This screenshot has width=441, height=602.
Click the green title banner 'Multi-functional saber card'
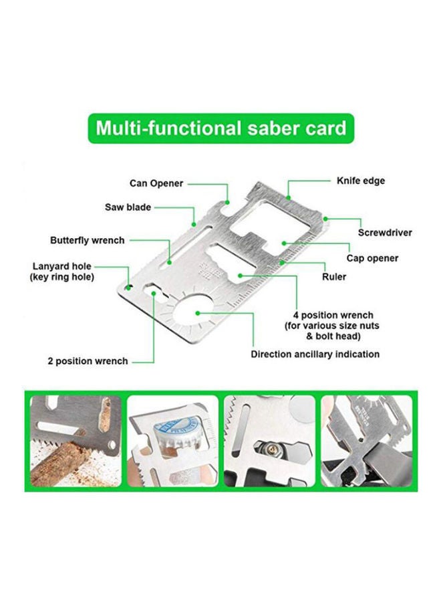click(x=220, y=127)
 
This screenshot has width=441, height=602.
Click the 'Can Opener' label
click(x=156, y=183)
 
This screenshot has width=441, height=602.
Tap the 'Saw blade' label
click(x=128, y=207)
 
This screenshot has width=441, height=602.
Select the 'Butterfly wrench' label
click(x=88, y=240)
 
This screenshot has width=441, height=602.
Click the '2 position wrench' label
click(x=88, y=361)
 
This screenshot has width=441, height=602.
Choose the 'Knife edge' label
click(x=360, y=181)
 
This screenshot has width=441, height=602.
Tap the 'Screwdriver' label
click(x=385, y=233)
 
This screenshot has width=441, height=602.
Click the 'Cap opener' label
click(x=372, y=258)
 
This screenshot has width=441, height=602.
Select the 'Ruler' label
click(x=334, y=276)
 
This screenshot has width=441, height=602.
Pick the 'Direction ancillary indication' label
click(x=315, y=354)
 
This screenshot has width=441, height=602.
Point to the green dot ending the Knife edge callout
click(x=287, y=197)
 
